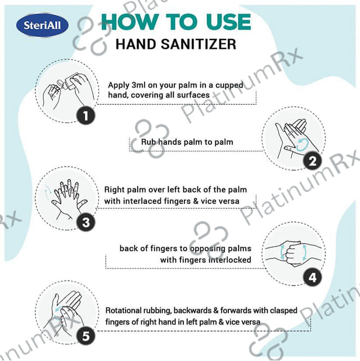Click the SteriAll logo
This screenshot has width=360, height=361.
pos(42,25)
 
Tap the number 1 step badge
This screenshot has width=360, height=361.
pos(85,115)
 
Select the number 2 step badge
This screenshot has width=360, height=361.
pos(312,161)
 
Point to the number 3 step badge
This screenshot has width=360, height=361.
pos(85,222)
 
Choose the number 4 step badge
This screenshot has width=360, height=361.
pos(312,278)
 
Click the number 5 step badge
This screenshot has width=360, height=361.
pos(85,336)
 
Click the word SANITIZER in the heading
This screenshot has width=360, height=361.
pos(199,44)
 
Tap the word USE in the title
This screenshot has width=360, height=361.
pos(228,22)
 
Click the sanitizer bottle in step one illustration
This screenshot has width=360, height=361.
pos(69,82)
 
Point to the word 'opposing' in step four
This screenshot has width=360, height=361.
pos(204,249)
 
